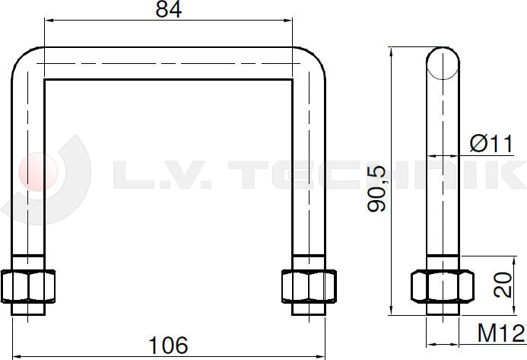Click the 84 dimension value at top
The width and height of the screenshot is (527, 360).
pyautogui.click(x=168, y=11)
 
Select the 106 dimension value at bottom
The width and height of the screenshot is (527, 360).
pyautogui.click(x=169, y=345)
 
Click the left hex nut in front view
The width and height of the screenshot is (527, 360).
pyautogui.click(x=28, y=285)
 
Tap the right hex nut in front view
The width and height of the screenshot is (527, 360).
pyautogui.click(x=309, y=285)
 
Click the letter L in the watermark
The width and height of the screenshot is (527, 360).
pyautogui.click(x=130, y=173)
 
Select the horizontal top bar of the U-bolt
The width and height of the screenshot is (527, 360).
pyautogui.click(x=168, y=62)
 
